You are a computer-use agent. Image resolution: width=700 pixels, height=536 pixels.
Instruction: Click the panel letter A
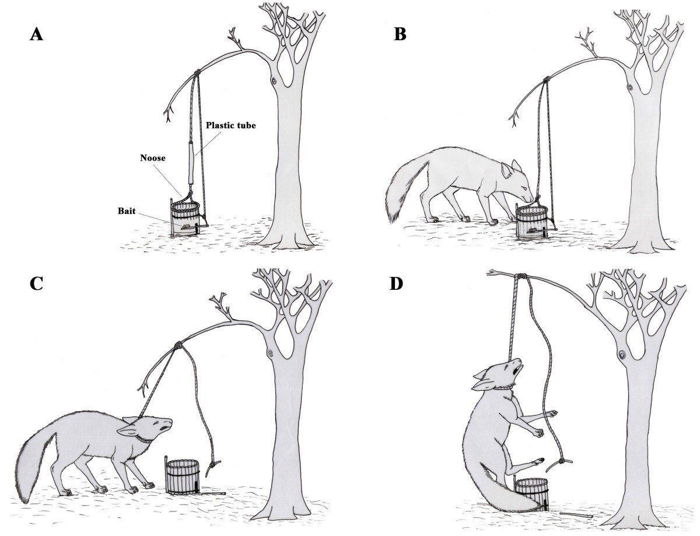point(36,34)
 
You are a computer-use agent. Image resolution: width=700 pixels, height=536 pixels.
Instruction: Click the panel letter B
point(400,34)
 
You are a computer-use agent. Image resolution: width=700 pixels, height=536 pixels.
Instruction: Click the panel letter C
point(37,283)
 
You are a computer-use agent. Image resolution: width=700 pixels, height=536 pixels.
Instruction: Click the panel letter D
point(396,283)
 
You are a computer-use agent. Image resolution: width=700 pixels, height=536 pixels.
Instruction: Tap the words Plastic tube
point(230,125)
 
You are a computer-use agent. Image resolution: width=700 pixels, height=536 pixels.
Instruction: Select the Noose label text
point(153,157)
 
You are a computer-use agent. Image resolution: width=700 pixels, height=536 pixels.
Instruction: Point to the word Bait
point(127,211)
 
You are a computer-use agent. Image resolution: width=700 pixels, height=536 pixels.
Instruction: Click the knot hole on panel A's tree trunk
point(274,81)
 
